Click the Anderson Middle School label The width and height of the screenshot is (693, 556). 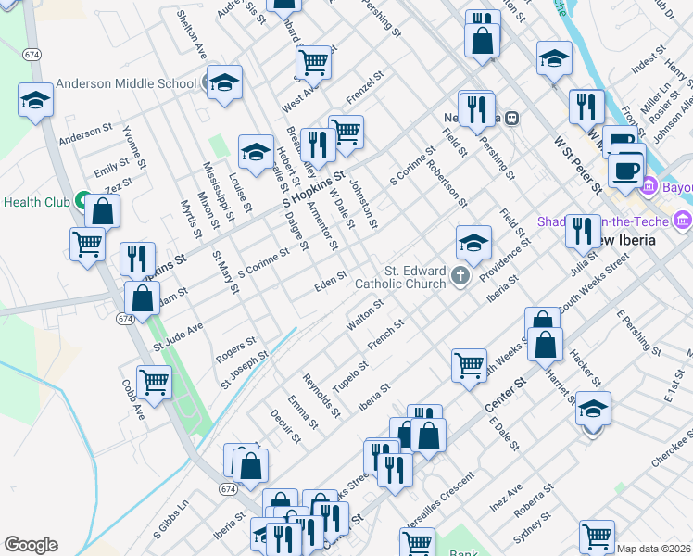point(126,83)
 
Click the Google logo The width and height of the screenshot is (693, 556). point(31,545)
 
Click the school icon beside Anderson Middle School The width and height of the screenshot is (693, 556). point(223,84)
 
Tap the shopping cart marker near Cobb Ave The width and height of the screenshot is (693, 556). point(154,382)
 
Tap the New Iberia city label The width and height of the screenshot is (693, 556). point(639,239)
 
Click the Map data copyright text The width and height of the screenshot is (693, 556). point(653,549)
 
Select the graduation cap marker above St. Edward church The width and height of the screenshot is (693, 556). point(472,243)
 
